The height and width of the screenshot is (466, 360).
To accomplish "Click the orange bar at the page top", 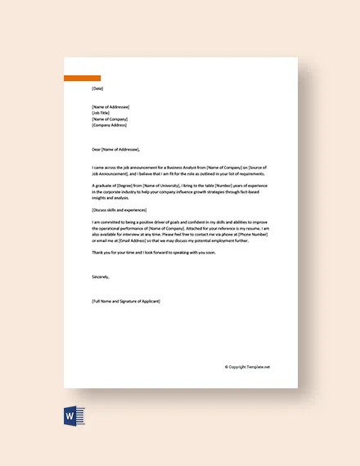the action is pyautogui.click(x=83, y=78).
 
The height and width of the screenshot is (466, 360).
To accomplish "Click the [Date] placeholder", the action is pyautogui.click(x=98, y=88).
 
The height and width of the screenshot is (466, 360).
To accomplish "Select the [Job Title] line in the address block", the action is pyautogui.click(x=103, y=113).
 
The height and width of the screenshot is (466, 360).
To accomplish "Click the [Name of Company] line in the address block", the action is pyautogui.click(x=110, y=119).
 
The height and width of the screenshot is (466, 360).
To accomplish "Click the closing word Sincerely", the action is pyautogui.click(x=101, y=277).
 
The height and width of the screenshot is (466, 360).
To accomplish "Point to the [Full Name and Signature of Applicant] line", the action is pyautogui.click(x=127, y=302).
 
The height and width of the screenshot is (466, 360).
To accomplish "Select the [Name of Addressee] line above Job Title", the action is pyautogui.click(x=110, y=107).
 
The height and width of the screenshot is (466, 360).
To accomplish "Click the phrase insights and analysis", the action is pyautogui.click(x=110, y=197).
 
